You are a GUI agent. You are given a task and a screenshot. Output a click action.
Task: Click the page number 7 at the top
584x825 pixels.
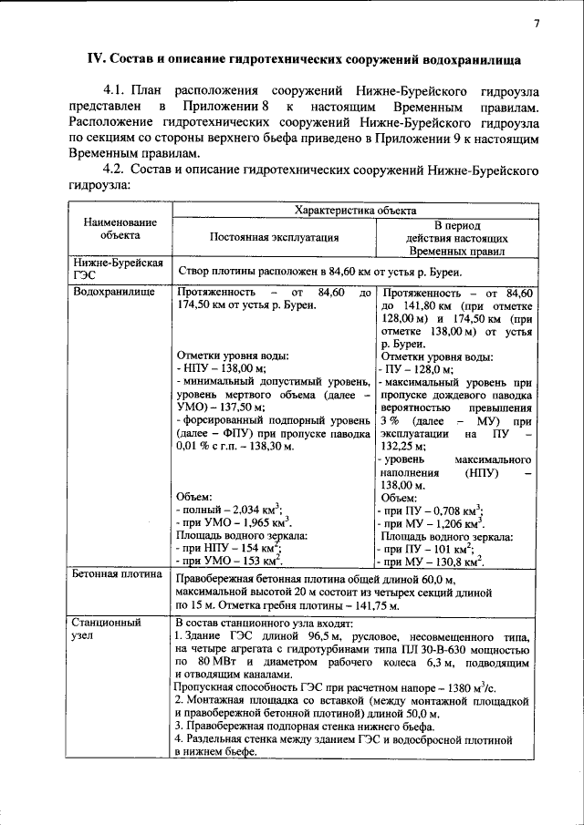click(x=537, y=24)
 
